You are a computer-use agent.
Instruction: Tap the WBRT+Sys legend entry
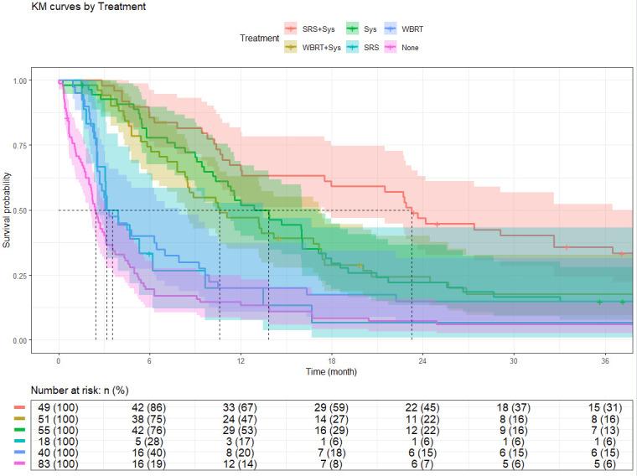[313, 48]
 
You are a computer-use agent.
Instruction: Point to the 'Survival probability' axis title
[8, 210]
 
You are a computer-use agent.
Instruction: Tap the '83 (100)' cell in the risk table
[58, 461]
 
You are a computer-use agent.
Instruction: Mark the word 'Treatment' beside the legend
[260, 39]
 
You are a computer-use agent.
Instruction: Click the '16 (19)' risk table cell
[149, 461]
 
